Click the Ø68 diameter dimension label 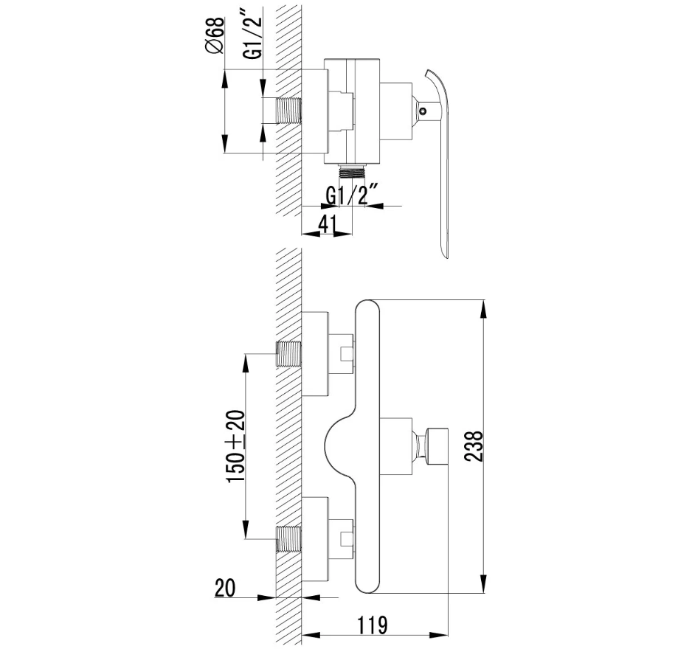(x=215, y=35)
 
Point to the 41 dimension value (x=327, y=224)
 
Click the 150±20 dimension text (x=235, y=446)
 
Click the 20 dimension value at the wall (x=225, y=588)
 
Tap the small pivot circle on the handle (x=424, y=111)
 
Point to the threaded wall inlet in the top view (x=288, y=111)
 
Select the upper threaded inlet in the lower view (x=288, y=354)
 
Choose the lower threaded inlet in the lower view (x=288, y=539)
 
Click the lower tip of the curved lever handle (x=445, y=257)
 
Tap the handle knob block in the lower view (x=437, y=446)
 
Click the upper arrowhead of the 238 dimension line (x=485, y=308)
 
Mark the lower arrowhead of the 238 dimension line (x=485, y=584)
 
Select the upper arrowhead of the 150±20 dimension (x=246, y=363)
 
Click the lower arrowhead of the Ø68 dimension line (x=224, y=145)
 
